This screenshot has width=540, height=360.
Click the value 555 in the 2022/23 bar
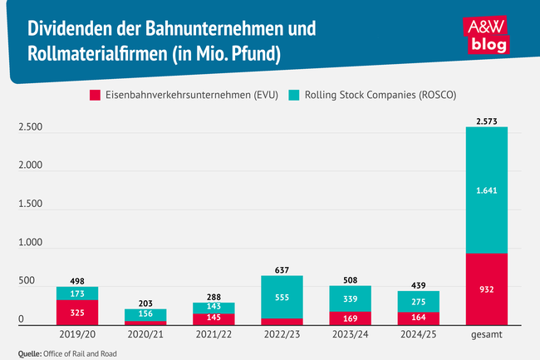[x=281, y=297]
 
